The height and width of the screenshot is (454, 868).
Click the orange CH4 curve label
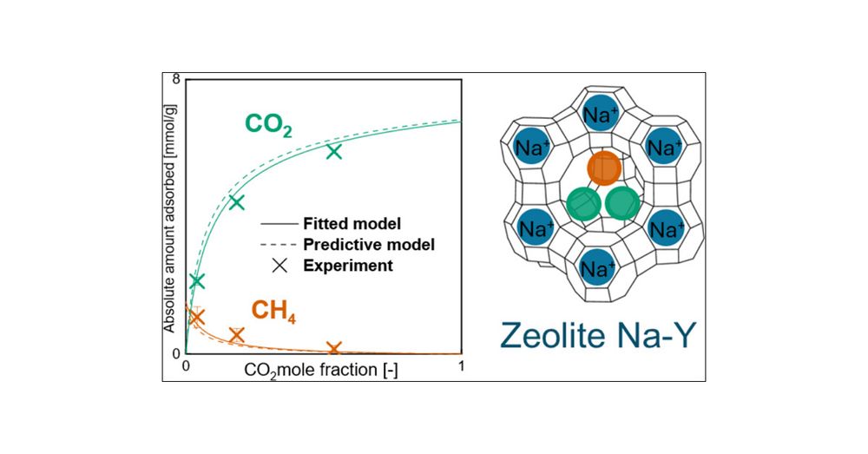tap(273, 310)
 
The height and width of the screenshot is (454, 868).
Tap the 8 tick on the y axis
tap(176, 79)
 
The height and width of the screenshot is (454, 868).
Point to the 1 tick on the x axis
tap(461, 366)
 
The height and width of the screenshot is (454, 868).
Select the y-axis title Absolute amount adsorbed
tap(170, 216)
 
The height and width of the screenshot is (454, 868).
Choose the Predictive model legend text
tap(369, 244)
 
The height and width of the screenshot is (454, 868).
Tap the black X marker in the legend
tap(279, 265)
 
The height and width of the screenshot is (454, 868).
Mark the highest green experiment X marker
tap(334, 152)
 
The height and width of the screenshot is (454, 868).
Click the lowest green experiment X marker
tap(196, 281)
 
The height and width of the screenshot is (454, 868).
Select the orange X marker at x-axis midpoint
tap(334, 349)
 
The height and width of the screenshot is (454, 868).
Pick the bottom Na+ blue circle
tap(596, 268)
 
